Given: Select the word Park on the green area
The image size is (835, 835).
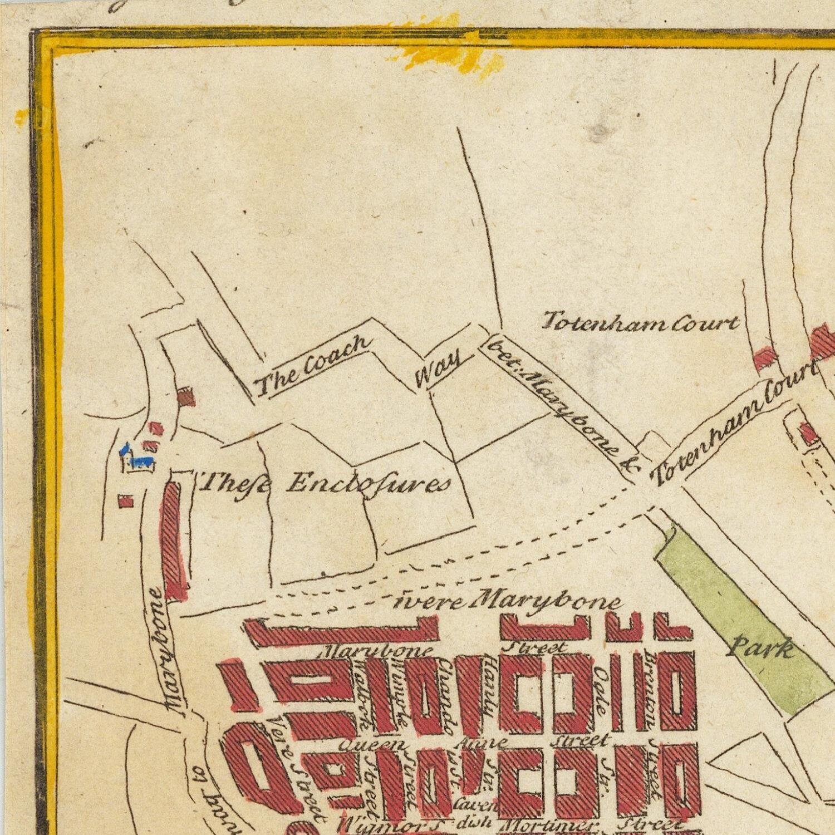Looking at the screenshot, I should click(x=761, y=649).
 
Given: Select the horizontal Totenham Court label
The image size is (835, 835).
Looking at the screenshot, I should click(x=640, y=323).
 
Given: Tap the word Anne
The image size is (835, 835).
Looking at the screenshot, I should click(x=482, y=743).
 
